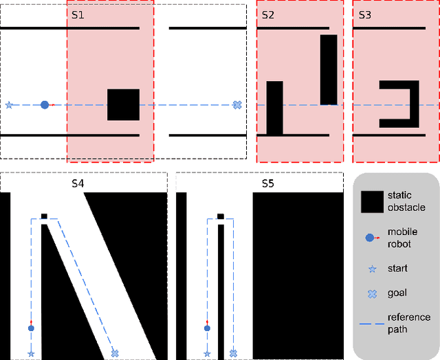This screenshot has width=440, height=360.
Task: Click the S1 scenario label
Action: pos(78,14)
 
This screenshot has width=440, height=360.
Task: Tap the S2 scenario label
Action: pos(267,14)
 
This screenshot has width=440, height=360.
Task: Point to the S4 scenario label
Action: pos(78,183)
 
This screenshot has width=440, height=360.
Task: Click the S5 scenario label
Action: pos(267,183)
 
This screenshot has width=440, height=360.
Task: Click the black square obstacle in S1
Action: pos(123,104)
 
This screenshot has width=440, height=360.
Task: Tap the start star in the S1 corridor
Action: pos(9,105)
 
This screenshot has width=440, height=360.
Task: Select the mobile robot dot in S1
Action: pos(45,105)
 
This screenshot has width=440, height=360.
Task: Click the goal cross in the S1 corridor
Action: pos(237,105)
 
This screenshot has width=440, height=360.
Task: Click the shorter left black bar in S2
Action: pos(274,108)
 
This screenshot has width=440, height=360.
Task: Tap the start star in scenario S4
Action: pos(31,354)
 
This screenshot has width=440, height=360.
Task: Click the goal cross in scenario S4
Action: pos(115,353)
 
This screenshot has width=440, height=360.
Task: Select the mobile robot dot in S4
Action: pos(31,328)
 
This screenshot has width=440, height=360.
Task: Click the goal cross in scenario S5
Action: pos(232,353)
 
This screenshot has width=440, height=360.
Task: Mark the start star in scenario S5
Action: pos(207,354)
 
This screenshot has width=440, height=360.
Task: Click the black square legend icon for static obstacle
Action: pos(372,201)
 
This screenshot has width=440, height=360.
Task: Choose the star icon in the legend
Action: pos(372,268)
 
